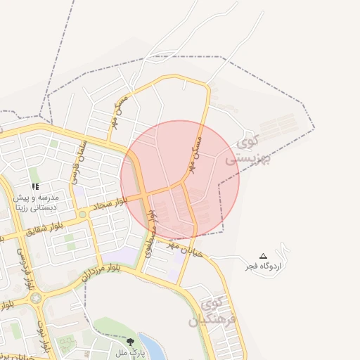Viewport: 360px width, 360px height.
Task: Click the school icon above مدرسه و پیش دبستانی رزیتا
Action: [x=35, y=187]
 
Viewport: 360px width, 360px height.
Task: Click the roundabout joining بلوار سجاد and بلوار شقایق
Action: [x=82, y=214]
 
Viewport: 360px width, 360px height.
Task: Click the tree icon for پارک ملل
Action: [x=129, y=342]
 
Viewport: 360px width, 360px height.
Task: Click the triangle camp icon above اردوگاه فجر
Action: [x=264, y=256]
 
